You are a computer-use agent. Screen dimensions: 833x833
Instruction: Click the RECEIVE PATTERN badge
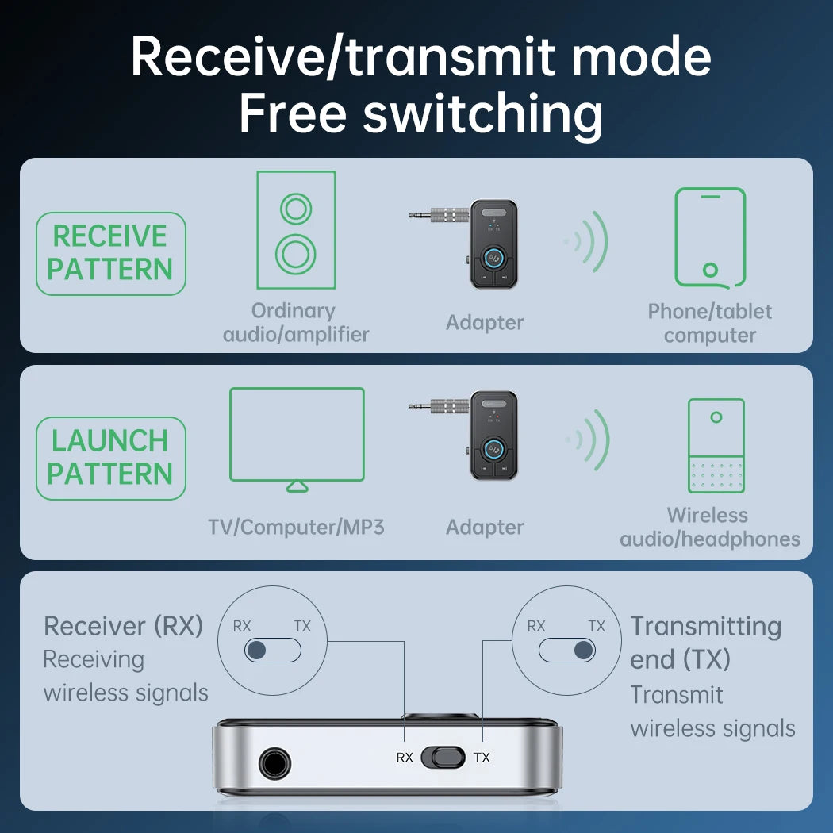click(110, 253)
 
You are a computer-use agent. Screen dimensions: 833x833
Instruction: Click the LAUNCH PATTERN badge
click(110, 458)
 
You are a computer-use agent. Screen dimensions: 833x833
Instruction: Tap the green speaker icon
click(296, 230)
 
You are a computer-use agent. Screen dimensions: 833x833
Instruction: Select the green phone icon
click(710, 236)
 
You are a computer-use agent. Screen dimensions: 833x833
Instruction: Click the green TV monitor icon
click(297, 437)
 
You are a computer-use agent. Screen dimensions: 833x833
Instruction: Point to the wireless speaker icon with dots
click(716, 445)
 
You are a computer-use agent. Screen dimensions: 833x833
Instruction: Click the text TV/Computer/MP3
click(296, 527)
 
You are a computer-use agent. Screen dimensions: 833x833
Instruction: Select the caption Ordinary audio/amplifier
click(296, 323)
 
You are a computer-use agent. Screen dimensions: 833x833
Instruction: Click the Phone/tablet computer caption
click(710, 323)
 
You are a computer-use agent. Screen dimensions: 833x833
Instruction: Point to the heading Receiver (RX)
click(124, 626)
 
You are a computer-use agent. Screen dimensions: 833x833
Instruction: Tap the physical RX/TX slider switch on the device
click(443, 757)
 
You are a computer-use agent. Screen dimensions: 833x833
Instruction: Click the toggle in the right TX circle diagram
click(566, 651)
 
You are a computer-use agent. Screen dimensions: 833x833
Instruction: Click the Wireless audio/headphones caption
click(710, 528)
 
